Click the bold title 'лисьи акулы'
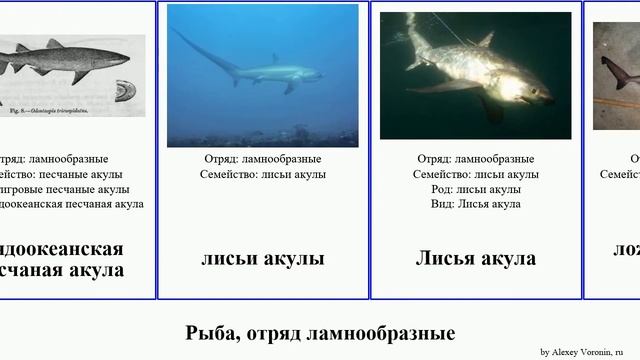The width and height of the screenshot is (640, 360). (x=263, y=258)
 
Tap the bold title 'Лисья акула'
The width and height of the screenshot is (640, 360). (x=475, y=258)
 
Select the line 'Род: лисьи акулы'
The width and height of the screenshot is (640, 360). (x=475, y=189)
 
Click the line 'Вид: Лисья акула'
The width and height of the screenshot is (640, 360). (x=475, y=204)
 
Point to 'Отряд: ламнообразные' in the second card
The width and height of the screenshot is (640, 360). (x=263, y=159)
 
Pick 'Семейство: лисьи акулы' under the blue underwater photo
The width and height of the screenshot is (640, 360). (x=263, y=174)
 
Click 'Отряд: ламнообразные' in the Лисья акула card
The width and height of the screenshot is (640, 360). (x=475, y=159)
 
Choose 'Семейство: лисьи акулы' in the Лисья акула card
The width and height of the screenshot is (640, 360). (x=475, y=174)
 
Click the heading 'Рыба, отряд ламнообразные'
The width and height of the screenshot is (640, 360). (x=320, y=333)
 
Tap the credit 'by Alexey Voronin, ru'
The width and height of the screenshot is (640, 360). (x=588, y=352)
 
